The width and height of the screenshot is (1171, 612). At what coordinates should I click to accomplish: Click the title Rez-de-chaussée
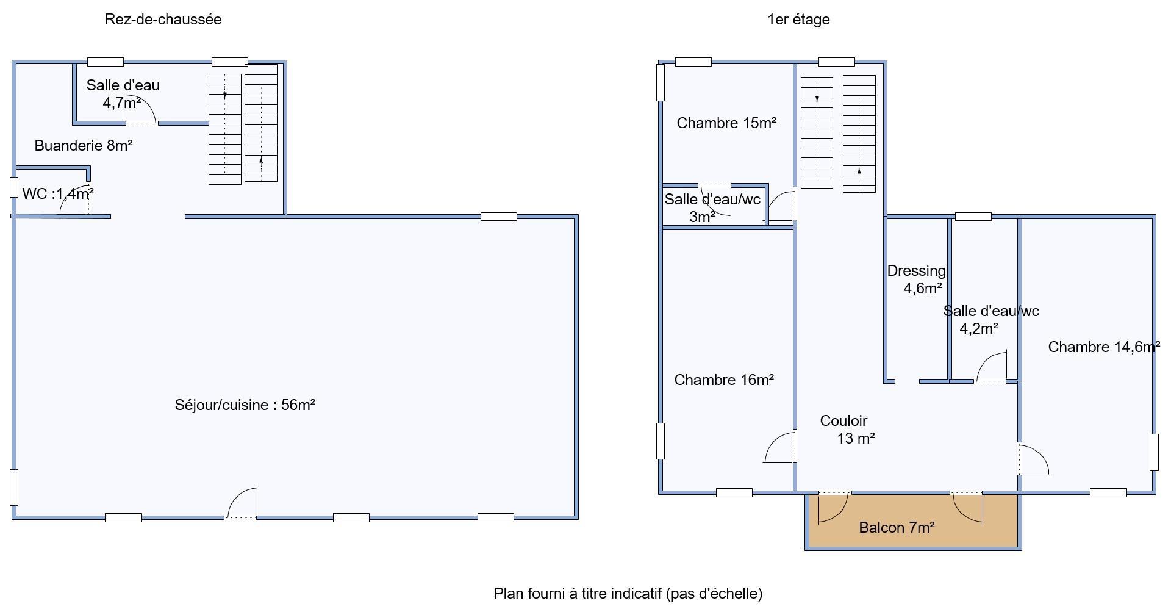pyautogui.click(x=163, y=20)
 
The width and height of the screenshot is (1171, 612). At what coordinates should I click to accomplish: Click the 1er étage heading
pyautogui.click(x=798, y=20)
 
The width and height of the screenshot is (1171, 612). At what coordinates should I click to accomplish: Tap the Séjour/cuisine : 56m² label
pyautogui.click(x=245, y=405)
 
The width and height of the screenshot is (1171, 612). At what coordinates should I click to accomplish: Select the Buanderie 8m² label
pyautogui.click(x=84, y=146)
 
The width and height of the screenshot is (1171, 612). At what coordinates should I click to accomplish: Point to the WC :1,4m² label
pyautogui.click(x=58, y=194)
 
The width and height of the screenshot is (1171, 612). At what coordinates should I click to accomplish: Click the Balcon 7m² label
pyautogui.click(x=897, y=527)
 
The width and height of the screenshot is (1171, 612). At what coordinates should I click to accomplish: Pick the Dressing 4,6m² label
pyautogui.click(x=916, y=279)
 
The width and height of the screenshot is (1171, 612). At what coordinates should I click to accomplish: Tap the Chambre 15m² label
pyautogui.click(x=726, y=123)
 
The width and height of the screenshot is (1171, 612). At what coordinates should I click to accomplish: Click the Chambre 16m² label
pyautogui.click(x=724, y=380)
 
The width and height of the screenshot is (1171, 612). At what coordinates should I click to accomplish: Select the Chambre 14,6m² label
pyautogui.click(x=1104, y=347)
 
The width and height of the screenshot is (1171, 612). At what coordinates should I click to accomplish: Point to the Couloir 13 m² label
pyautogui.click(x=848, y=430)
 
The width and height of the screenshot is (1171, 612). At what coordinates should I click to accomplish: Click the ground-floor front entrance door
pyautogui.click(x=242, y=502)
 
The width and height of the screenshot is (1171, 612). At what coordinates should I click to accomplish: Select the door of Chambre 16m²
pyautogui.click(x=780, y=447)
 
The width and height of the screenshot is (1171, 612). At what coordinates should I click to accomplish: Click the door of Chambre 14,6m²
pyautogui.click(x=1034, y=460)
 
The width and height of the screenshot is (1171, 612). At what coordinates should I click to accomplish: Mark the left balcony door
pyautogui.click(x=833, y=508)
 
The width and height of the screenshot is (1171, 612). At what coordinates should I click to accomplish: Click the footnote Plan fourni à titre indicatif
pyautogui.click(x=628, y=593)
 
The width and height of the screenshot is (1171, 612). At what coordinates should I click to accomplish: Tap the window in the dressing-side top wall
pyautogui.click(x=973, y=216)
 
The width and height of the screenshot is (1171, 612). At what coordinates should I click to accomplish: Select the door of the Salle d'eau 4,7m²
pyautogui.click(x=141, y=109)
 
